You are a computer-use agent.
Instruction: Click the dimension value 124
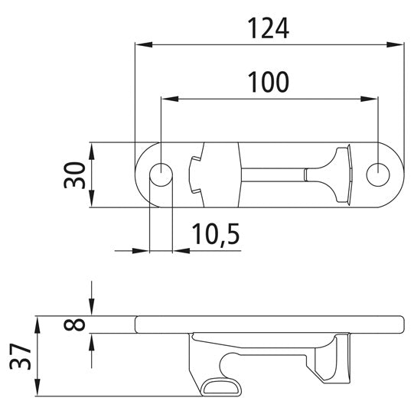click(269, 28)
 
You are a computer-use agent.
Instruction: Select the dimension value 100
click(268, 81)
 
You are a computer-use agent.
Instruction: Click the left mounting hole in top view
click(161, 174)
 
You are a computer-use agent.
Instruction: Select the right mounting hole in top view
click(377, 174)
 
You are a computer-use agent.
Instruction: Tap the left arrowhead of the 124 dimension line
click(141, 45)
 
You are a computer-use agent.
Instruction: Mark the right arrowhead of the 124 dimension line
click(399, 45)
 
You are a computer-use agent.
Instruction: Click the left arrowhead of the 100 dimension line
click(168, 98)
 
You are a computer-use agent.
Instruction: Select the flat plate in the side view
click(268, 324)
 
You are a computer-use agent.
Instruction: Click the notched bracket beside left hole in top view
click(196, 174)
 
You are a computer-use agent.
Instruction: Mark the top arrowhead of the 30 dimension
click(91, 148)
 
